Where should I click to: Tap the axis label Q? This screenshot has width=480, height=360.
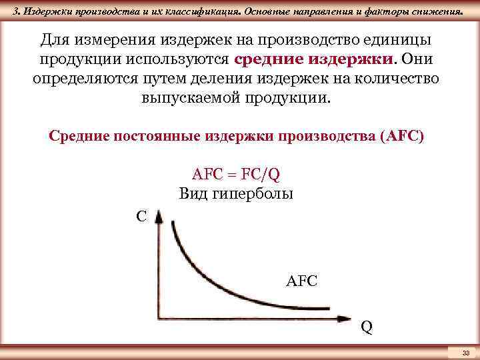point(367,327)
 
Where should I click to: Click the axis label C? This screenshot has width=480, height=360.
point(141,217)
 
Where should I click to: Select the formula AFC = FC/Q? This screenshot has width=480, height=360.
point(236,175)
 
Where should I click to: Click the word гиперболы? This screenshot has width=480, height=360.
point(253,195)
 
